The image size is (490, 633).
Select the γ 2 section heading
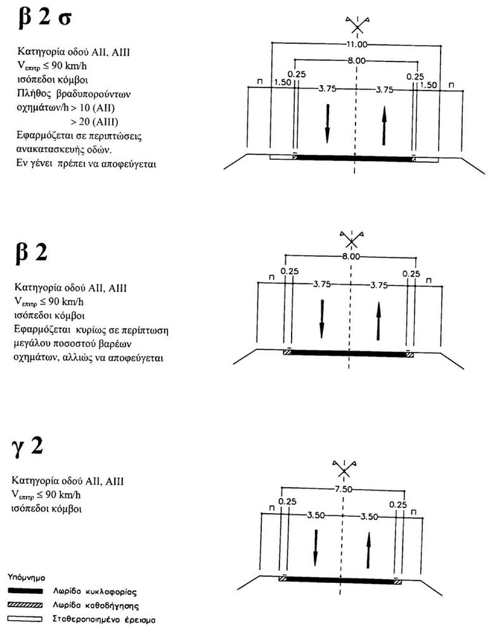27,446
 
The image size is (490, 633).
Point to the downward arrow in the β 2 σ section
328,124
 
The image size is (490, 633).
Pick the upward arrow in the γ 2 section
368,550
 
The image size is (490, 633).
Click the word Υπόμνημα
26,578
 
